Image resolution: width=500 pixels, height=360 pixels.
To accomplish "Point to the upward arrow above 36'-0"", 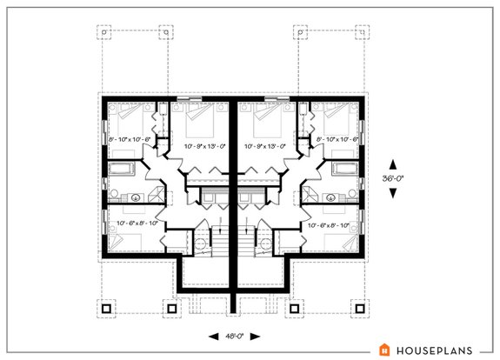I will point(393,163).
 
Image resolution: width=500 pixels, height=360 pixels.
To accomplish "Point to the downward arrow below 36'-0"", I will point(393,192).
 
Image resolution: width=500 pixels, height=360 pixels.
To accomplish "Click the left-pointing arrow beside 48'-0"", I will point(212,335).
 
